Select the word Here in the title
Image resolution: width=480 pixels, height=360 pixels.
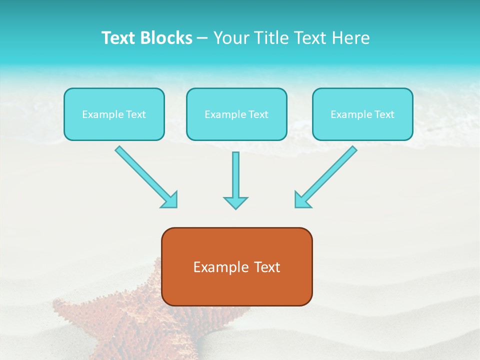coord(350,38)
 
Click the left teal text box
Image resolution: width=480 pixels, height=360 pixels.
coord(114,114)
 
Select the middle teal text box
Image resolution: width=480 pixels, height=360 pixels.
coord(236,114)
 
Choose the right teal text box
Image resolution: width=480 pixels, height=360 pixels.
coord(362,114)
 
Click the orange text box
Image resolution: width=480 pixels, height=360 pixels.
coord(236,266)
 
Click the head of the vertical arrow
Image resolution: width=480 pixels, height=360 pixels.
coord(235,202)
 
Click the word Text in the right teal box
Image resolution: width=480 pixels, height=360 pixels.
coord(384,114)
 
